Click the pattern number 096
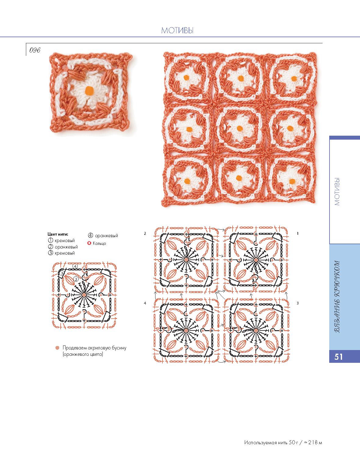[x=35, y=50]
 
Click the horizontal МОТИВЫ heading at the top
[x=177, y=30]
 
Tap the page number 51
[x=338, y=357]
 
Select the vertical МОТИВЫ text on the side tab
[x=337, y=191]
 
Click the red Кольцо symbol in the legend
[x=89, y=243]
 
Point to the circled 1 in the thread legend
[x=50, y=240]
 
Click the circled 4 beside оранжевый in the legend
[x=91, y=235]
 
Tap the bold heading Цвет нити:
[x=58, y=234]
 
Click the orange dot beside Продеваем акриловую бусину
[x=57, y=348]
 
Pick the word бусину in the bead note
[x=119, y=348]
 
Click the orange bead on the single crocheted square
[x=88, y=91]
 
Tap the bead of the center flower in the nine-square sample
[x=240, y=129]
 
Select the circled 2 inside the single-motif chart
[x=76, y=279]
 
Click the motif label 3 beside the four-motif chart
[x=298, y=303]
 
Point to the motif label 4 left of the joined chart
[x=145, y=303]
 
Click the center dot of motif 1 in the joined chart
[x=256, y=260]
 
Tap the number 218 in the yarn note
[x=313, y=442]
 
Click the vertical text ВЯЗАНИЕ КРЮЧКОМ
[x=337, y=297]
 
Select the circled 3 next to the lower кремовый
[x=50, y=253]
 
